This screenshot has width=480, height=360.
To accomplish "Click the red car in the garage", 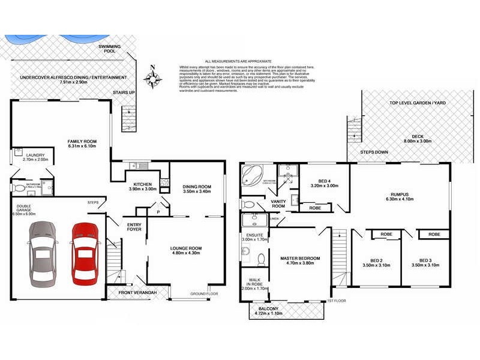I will click(85, 253).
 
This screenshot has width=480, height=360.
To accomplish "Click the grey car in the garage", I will click(43, 253).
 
